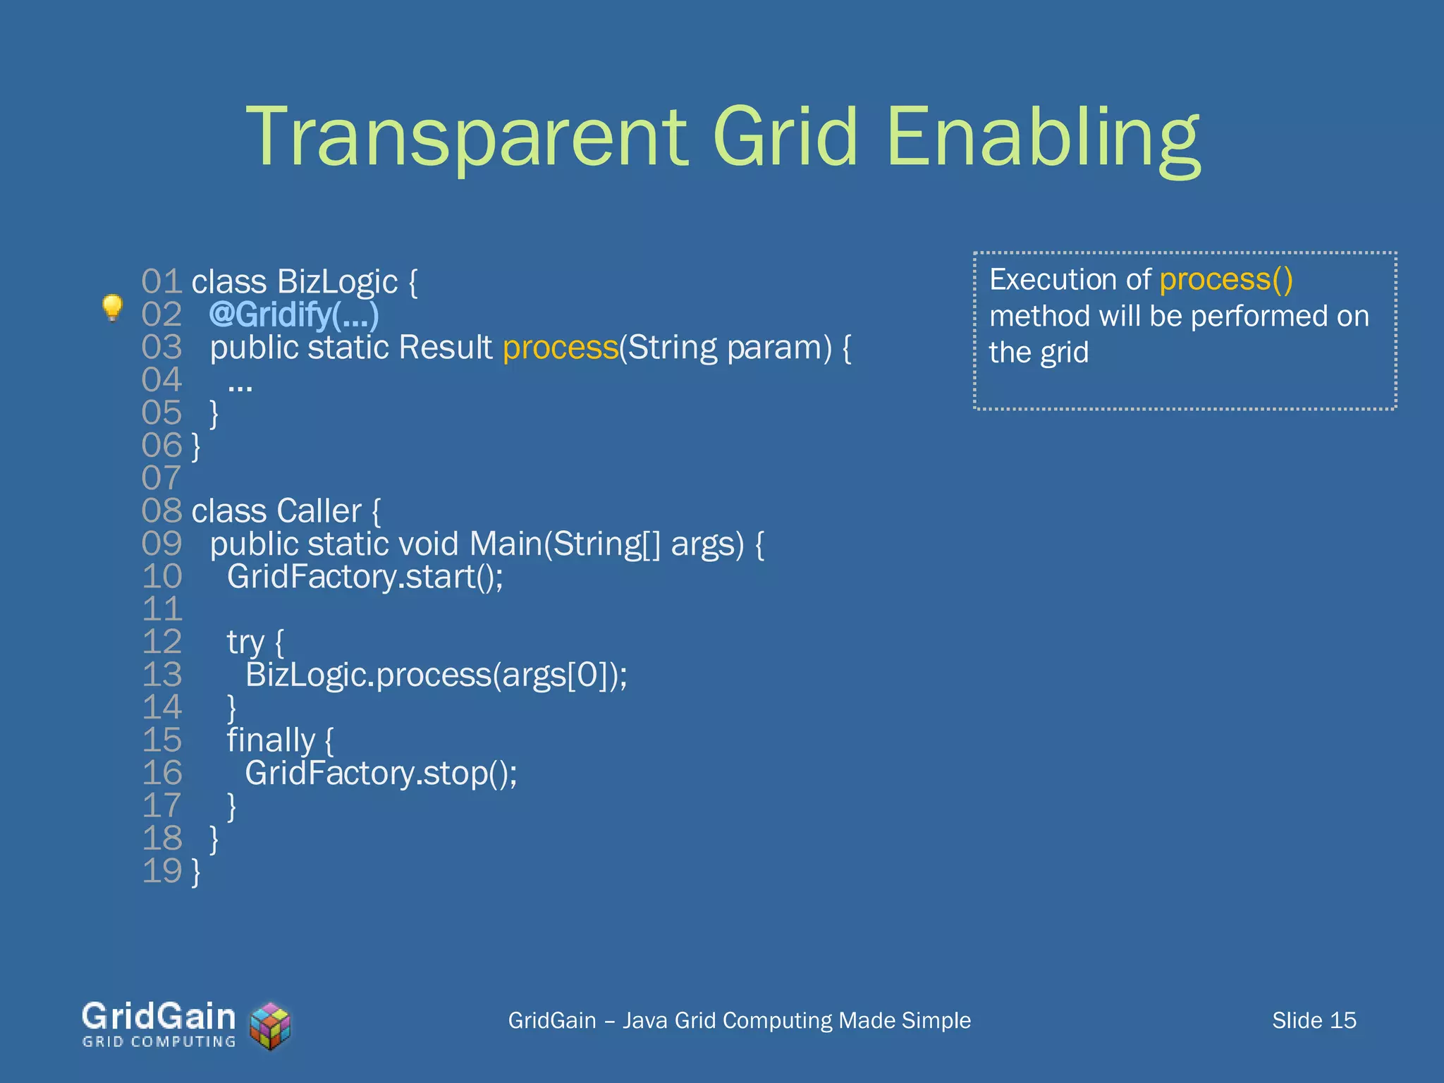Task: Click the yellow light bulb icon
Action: [x=112, y=307]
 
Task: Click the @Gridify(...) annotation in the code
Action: [x=294, y=314]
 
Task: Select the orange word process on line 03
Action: [x=561, y=348]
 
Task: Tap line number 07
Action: [x=161, y=478]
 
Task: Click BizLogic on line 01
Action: [x=337, y=282]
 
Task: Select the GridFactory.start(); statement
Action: [x=365, y=577]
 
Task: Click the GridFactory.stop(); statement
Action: [x=381, y=773]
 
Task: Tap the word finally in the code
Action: [x=271, y=740]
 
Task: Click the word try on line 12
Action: [x=245, y=642]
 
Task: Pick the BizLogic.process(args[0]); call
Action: [x=436, y=675]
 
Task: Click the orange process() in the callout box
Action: [x=1225, y=279]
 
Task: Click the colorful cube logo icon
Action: [x=271, y=1026]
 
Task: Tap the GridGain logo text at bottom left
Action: [x=159, y=1017]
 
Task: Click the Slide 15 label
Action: [x=1314, y=1020]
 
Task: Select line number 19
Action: [x=161, y=871]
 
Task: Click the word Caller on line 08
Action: [x=319, y=511]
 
